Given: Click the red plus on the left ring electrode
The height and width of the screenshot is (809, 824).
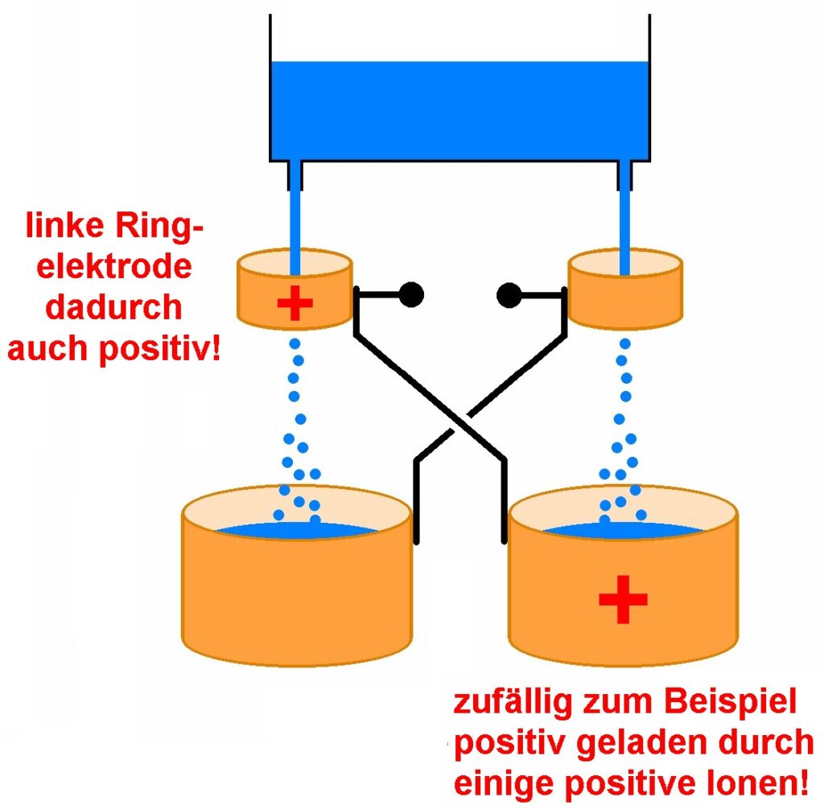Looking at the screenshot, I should pyautogui.click(x=295, y=304).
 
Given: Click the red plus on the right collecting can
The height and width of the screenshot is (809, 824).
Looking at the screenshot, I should pyautogui.click(x=622, y=598).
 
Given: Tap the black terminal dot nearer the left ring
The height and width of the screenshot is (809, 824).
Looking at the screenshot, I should pyautogui.click(x=410, y=295).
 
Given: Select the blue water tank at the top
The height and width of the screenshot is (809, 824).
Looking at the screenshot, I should pyautogui.click(x=459, y=109).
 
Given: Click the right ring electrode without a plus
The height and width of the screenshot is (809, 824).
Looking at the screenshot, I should pyautogui.click(x=625, y=302).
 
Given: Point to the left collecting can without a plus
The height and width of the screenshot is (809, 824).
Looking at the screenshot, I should pyautogui.click(x=298, y=595).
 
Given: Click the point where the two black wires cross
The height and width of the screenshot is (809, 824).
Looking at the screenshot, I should pyautogui.click(x=459, y=420).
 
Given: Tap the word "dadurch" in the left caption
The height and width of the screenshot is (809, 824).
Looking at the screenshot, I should pyautogui.click(x=113, y=308).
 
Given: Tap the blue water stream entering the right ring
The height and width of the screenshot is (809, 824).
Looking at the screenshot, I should pyautogui.click(x=624, y=217).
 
